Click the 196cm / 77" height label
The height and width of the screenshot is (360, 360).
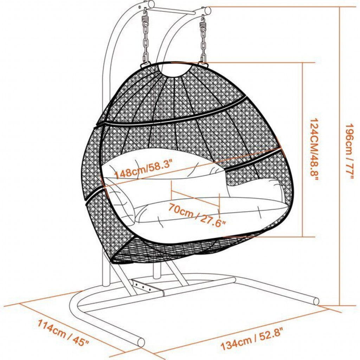click(349, 152)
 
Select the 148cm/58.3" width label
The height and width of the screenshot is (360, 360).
click(143, 169)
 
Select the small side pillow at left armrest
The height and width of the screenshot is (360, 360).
click(121, 202)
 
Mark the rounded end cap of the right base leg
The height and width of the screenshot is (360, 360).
click(316, 301)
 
